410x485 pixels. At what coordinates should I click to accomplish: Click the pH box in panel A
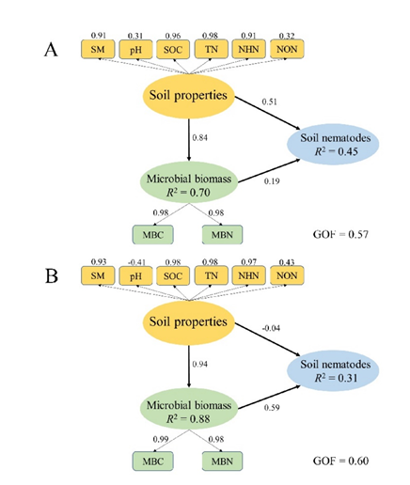click(x=135, y=49)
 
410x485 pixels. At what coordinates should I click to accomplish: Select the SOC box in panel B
click(x=173, y=275)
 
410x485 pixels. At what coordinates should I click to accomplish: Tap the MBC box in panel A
click(x=152, y=234)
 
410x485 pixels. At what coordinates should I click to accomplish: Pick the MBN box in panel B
click(x=222, y=461)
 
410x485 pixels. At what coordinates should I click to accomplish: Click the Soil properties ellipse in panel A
click(x=189, y=96)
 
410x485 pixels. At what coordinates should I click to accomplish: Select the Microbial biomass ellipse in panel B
click(x=189, y=409)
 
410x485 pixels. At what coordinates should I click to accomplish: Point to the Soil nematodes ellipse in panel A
click(x=333, y=144)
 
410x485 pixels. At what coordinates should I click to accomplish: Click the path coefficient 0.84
click(x=199, y=137)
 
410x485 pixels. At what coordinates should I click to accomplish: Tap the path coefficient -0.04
click(x=271, y=328)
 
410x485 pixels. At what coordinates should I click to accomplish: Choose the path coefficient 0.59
click(x=272, y=408)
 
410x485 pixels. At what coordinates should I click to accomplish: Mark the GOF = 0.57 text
click(x=340, y=234)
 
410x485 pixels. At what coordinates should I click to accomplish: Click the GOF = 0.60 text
click(x=340, y=461)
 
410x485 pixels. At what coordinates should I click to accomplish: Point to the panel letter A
click(x=51, y=50)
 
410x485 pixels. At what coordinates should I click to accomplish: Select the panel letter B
click(x=52, y=276)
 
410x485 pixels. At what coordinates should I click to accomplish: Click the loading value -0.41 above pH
click(x=136, y=262)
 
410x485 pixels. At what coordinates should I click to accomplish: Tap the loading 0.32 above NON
click(x=287, y=36)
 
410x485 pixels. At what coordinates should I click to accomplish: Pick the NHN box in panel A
click(x=248, y=49)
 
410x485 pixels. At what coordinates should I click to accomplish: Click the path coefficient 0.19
click(x=272, y=181)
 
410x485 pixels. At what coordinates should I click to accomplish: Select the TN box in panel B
click(x=212, y=275)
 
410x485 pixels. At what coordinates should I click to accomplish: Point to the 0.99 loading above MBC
click(x=161, y=439)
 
